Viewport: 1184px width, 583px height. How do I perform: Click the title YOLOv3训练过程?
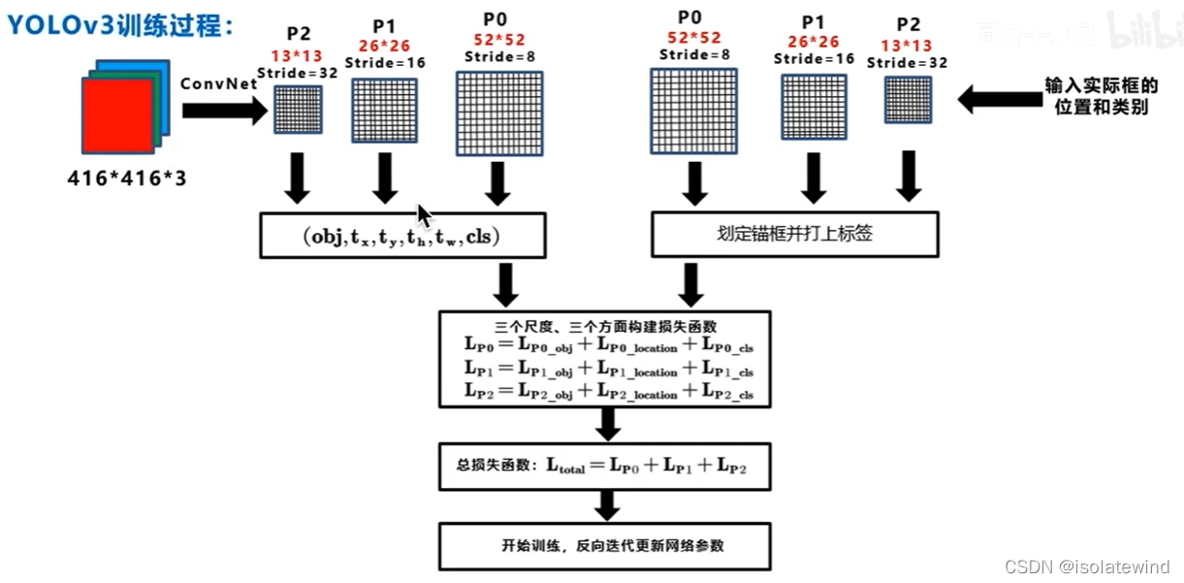[x=121, y=25]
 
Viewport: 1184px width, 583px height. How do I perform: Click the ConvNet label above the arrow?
[x=219, y=84]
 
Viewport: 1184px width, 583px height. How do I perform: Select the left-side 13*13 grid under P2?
[x=298, y=110]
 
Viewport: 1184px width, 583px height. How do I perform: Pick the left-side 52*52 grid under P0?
[x=498, y=113]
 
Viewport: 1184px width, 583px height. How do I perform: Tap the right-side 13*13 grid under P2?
[x=908, y=101]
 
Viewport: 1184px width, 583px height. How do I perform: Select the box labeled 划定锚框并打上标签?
[x=794, y=235]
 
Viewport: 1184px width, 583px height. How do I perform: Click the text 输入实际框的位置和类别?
[x=1101, y=97]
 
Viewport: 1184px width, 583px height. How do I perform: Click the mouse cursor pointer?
[x=424, y=214]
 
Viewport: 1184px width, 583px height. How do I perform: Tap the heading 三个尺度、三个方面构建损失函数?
[x=604, y=326]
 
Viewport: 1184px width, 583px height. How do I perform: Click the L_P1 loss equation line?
[x=608, y=369]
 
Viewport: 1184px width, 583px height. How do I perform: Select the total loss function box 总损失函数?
[x=604, y=467]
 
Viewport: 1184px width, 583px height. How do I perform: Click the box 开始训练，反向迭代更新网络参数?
[x=605, y=545]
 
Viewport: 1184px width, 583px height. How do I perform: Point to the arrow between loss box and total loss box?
[x=608, y=424]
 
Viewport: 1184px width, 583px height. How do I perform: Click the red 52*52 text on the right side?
[x=693, y=37]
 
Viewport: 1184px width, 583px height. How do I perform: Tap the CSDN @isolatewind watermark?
[x=1086, y=567]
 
